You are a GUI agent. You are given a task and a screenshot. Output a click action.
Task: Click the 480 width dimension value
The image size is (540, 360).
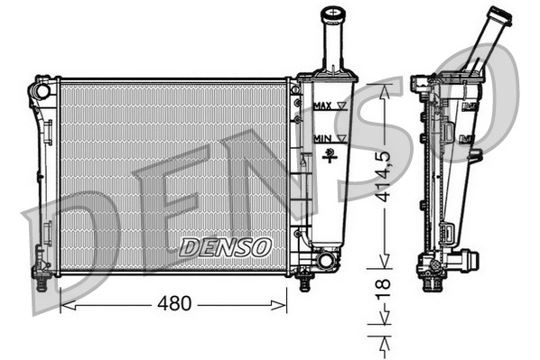click(173, 304)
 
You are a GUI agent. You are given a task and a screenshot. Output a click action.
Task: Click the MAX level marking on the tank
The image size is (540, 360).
click(321, 106)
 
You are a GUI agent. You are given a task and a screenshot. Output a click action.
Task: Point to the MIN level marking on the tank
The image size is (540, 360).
click(321, 137)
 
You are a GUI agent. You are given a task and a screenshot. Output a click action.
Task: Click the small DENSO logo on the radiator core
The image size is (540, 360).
click(225, 245)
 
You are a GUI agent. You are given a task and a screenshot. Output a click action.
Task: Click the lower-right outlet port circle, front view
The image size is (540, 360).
click(324, 261)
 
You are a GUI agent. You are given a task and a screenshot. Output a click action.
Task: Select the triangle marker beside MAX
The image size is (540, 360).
click(341, 106)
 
